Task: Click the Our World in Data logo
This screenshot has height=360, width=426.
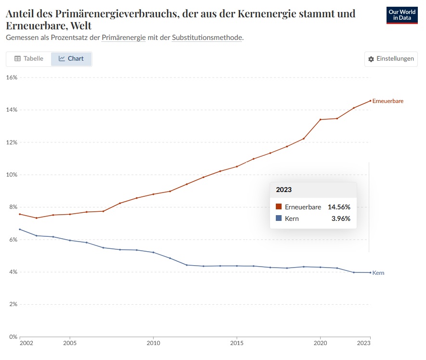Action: [402, 15]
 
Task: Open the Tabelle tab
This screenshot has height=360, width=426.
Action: [29, 59]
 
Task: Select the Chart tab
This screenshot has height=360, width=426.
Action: [71, 59]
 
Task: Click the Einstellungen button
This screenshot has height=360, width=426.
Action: [391, 59]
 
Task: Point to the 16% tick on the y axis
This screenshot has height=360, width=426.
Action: [12, 77]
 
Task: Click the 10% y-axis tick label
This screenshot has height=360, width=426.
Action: [12, 175]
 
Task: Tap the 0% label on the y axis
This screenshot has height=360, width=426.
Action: [13, 337]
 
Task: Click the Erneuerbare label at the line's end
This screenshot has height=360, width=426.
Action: [387, 101]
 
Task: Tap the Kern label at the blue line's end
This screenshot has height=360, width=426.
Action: [378, 273]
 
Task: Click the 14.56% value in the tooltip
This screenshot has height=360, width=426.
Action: [339, 207]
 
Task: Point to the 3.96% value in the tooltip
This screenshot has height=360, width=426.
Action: [341, 219]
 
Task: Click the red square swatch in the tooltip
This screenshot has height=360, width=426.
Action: [279, 207]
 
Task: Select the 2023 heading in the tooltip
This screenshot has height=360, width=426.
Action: [284, 190]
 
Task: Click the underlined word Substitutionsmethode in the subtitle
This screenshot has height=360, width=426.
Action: [207, 38]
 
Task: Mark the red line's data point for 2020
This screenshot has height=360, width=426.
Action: [320, 119]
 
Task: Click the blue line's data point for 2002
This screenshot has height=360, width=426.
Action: [20, 229]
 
